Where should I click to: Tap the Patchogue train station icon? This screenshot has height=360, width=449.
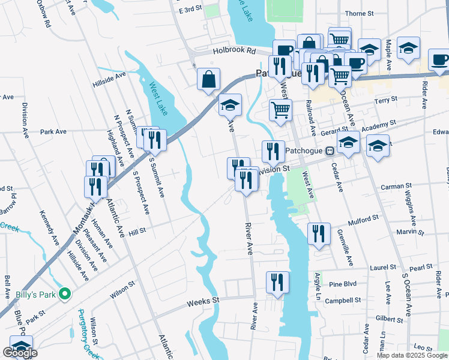click(x=330, y=152)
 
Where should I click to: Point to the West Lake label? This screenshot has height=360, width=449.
click(x=158, y=99)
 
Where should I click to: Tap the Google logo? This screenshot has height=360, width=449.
click(x=20, y=353)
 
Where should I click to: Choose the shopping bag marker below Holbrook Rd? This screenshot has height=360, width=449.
click(x=208, y=79)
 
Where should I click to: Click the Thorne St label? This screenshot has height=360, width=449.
click(x=359, y=13)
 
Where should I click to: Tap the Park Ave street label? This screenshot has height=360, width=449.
click(x=53, y=131)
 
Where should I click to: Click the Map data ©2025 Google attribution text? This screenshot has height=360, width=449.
click(x=412, y=355)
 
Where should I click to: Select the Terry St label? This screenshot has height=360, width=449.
click(x=386, y=99)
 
